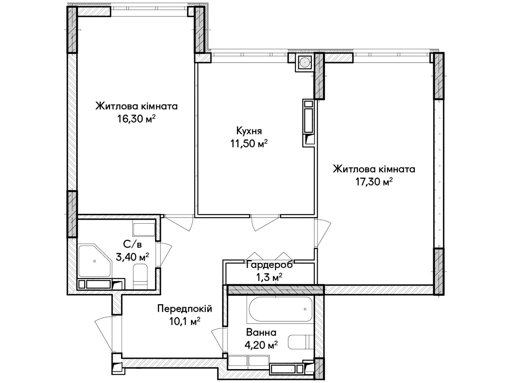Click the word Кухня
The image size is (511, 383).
point(249,131)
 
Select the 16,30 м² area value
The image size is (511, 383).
point(136,119)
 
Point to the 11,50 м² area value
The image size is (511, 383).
point(249,143)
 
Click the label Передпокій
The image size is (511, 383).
point(185,309)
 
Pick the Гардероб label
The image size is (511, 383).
point(269,265)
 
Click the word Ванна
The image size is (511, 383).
point(261,333)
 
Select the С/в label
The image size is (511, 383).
point(132,244)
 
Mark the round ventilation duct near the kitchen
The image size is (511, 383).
point(304,62)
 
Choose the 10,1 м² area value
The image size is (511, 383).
point(185,321)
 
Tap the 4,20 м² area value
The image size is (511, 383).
point(261,345)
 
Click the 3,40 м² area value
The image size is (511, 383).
point(132,257)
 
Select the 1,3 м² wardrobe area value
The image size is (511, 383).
point(269,277)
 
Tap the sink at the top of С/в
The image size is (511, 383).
point(144,230)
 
